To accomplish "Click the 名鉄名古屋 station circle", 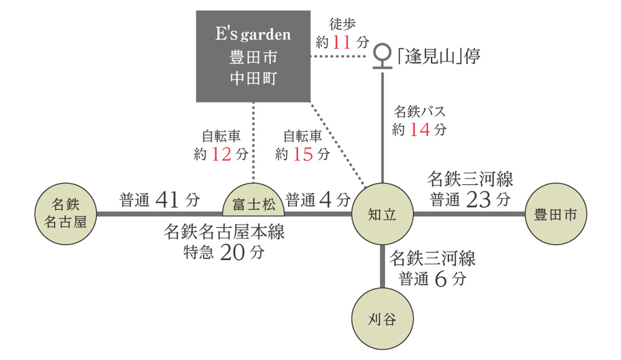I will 66,214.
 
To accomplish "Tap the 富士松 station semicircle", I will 254,202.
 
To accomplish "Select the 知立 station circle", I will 382,214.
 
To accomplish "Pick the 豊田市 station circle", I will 556,214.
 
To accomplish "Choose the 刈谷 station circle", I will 382,319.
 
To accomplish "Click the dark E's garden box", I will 253,56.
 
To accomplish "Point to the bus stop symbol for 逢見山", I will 382,55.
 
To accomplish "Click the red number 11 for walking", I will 342,42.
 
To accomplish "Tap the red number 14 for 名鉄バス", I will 420,130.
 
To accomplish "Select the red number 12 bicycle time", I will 221,154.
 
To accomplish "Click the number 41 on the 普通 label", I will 167,200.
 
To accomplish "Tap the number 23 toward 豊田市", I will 478,200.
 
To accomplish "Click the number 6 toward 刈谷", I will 440,279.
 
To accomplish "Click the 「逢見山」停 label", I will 438,55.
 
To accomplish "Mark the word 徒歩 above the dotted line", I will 342,24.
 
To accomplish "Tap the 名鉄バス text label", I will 419,111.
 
